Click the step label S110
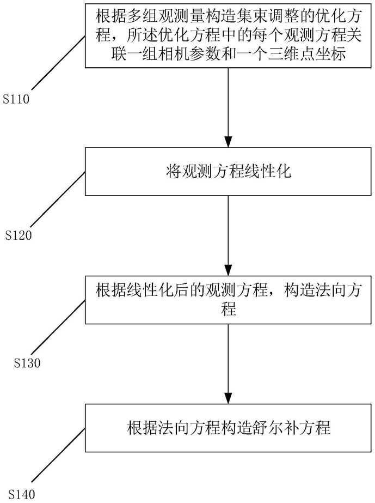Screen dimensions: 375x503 16,99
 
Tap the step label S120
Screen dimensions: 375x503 19,236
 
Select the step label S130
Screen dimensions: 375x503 27,363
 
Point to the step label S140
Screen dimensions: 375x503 22,494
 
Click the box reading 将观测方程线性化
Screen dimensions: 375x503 228,172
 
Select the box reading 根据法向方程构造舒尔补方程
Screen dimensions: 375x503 228,428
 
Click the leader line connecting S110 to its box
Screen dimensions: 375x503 58,62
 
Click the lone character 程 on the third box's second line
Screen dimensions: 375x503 228,309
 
